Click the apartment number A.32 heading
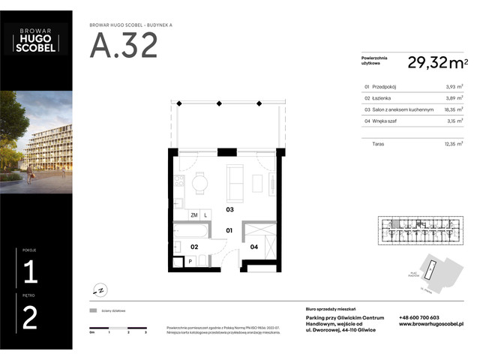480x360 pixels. click(x=124, y=46)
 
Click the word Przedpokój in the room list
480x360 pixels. click(x=384, y=87)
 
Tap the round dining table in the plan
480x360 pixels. click(x=199, y=181)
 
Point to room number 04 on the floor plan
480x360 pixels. click(x=253, y=246)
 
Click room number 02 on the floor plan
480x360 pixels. click(x=193, y=246)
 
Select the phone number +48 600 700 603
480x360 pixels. click(x=419, y=317)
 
